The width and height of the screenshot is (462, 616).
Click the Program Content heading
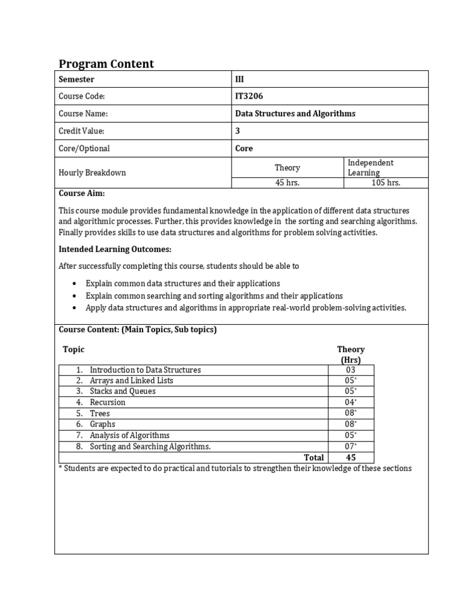tap(106, 64)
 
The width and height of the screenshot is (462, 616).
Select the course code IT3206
tap(249, 96)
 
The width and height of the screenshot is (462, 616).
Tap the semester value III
tap(239, 79)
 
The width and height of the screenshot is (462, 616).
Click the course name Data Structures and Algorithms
tap(295, 114)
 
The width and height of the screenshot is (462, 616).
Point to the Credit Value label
tap(81, 131)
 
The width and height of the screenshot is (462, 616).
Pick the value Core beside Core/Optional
tap(244, 149)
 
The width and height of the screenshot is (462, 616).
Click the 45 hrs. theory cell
tap(288, 183)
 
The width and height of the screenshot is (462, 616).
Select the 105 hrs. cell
tap(386, 183)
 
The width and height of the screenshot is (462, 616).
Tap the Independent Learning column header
tap(371, 168)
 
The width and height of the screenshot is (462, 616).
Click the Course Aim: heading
tap(81, 194)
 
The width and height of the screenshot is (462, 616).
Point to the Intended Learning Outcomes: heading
tap(115, 249)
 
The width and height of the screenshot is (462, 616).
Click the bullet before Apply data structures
tap(74, 308)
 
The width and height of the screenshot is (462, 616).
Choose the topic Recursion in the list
tap(108, 402)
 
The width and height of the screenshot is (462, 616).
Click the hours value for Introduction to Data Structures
tap(351, 370)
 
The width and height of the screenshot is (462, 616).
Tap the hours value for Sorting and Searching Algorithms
tap(351, 446)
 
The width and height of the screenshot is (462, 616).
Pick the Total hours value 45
tap(351, 458)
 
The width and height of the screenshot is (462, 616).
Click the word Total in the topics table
tap(314, 458)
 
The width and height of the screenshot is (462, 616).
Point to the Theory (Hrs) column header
tap(351, 354)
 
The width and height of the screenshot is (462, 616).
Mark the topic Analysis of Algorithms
tap(129, 436)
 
